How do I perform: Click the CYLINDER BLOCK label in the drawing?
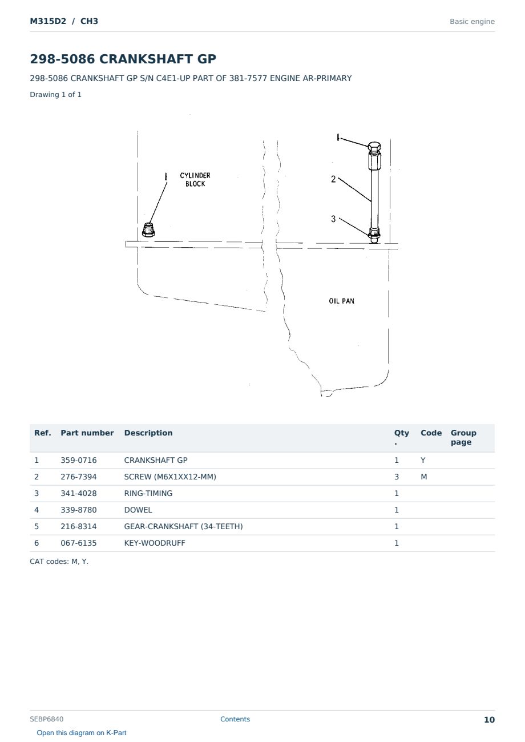[195, 180]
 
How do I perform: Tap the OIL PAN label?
[341, 301]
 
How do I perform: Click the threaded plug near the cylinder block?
[148, 229]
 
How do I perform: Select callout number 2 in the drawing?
[333, 179]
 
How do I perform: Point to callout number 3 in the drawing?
[333, 219]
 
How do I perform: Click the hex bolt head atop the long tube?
[374, 146]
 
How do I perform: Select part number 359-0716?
[79, 460]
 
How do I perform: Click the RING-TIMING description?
[148, 493]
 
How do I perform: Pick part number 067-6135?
[79, 543]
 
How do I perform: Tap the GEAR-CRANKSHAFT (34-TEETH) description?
[183, 526]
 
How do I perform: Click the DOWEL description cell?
[138, 510]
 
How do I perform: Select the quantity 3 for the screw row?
[397, 477]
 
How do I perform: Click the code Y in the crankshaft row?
[423, 460]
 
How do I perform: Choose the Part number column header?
[87, 433]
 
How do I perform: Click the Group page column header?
[463, 437]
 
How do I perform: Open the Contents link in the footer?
[235, 719]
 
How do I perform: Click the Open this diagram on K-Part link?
[82, 733]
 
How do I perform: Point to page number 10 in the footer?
[489, 720]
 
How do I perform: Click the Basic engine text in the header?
[472, 22]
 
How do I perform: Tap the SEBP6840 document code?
[47, 719]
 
